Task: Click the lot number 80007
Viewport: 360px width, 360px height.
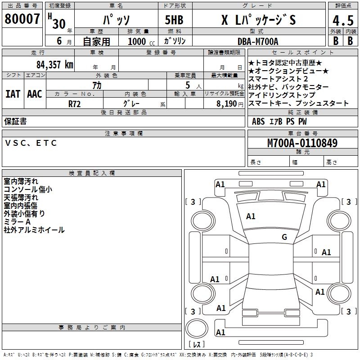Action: click(22, 19)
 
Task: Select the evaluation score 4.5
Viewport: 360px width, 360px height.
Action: click(342, 21)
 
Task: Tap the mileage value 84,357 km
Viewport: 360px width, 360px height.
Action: click(54, 64)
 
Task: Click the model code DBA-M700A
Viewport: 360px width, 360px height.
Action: click(258, 41)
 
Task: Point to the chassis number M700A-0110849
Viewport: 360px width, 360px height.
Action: click(302, 144)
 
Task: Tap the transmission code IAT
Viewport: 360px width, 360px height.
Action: click(13, 94)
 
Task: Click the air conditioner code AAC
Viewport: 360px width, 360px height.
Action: click(34, 94)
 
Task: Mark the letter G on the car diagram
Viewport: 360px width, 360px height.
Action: click(284, 237)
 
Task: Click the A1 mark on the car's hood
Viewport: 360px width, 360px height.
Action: click(251, 216)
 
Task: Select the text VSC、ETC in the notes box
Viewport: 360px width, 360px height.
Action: click(31, 143)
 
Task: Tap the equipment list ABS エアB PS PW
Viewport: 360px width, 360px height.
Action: click(279, 121)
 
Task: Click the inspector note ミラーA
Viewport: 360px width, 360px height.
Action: click(17, 222)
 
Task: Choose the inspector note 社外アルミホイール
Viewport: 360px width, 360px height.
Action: click(34, 230)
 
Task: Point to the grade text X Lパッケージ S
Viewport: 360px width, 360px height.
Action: click(259, 21)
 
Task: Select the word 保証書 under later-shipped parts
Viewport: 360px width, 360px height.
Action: click(15, 121)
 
